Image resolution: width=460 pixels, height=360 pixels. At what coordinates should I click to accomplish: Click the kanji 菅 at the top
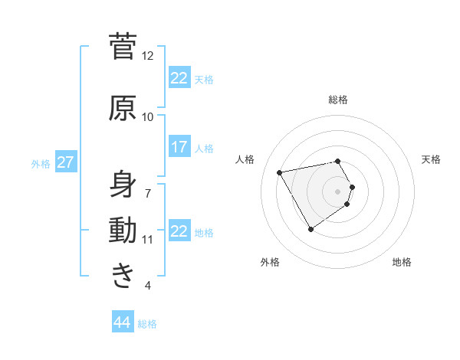tap(123, 47)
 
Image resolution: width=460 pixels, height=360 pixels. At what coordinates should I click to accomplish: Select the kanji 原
tap(123, 109)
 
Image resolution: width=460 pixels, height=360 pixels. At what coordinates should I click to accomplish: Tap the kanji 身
tap(123, 184)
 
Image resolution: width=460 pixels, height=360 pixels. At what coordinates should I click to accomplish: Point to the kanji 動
tap(123, 231)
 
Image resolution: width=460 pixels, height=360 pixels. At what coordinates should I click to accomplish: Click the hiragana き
tap(123, 276)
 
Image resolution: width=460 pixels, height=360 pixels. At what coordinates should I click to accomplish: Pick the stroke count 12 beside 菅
tap(148, 56)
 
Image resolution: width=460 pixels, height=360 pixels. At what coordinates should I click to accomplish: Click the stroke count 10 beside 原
tap(148, 117)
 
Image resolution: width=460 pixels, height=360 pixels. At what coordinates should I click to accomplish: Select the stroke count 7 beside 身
tap(148, 192)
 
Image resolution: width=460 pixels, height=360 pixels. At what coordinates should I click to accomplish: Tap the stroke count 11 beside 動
tap(148, 240)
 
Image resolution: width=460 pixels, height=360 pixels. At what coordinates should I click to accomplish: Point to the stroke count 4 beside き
tap(148, 286)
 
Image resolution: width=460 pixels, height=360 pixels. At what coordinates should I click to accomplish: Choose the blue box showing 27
tap(65, 162)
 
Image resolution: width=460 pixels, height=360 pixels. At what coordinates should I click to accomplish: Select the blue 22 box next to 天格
tap(179, 77)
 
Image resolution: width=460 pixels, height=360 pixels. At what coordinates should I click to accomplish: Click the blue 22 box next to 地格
tap(179, 231)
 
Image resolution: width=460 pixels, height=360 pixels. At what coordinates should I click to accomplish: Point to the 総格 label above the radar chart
tap(338, 100)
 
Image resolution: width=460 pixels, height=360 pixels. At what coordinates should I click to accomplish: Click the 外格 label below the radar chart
tap(270, 262)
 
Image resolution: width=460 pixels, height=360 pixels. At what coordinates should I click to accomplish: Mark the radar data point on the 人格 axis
tap(280, 172)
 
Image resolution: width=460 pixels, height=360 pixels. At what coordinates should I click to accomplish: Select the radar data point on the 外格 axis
tap(310, 229)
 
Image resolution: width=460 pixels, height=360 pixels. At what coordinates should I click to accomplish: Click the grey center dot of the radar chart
tap(338, 191)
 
